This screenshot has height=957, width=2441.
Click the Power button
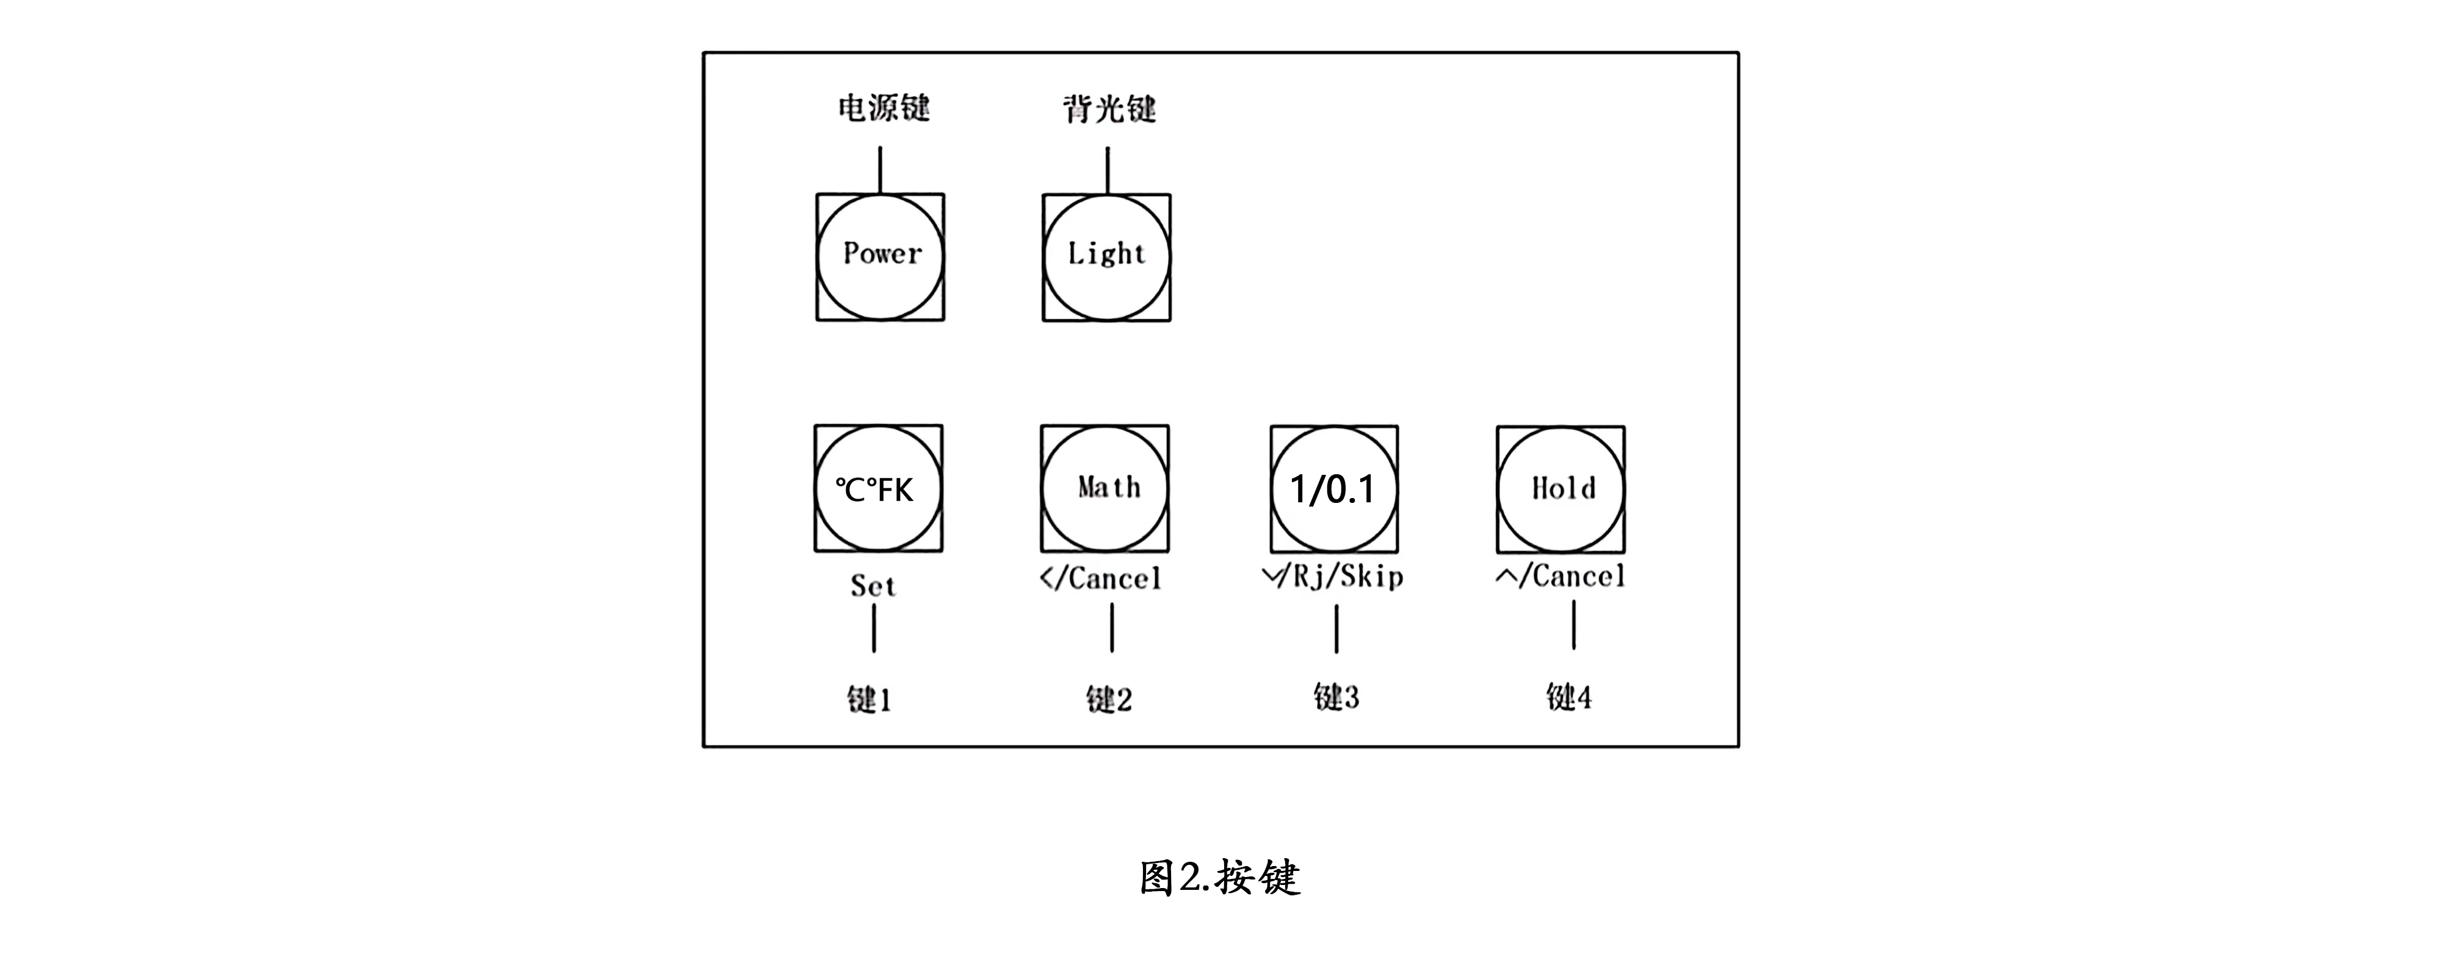tap(881, 258)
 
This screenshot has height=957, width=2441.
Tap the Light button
tap(1107, 258)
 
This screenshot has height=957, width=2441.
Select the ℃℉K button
tap(878, 489)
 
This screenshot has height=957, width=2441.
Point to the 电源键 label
tap(884, 108)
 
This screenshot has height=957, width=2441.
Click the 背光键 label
tap(1109, 109)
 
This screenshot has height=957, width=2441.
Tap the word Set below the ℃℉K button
tap(873, 585)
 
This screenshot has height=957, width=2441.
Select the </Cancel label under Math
tap(1101, 578)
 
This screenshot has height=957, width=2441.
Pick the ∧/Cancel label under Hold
tap(1560, 576)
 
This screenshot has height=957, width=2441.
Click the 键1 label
tap(869, 699)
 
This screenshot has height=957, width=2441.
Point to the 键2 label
tap(1109, 699)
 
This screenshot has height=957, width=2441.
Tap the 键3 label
tap(1336, 698)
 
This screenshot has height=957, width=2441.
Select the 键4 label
tap(1569, 698)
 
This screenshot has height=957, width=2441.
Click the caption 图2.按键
tap(1219, 878)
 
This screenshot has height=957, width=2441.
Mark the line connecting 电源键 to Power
tap(881, 170)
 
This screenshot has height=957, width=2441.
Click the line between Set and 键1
tap(874, 628)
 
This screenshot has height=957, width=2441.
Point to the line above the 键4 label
tap(1574, 626)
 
